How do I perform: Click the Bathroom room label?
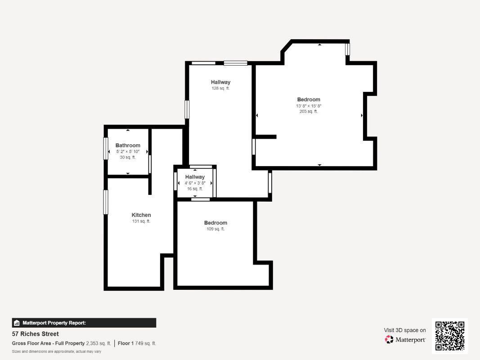(128, 145)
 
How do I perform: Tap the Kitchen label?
(141, 215)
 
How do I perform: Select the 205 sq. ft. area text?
(309, 112)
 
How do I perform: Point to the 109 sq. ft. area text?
(215, 229)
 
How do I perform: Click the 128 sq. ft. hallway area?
(220, 88)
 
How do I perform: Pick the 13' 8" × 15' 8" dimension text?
(309, 106)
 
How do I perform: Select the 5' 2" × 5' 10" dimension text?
(128, 152)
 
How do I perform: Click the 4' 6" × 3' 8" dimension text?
(195, 183)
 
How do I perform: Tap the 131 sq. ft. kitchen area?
(141, 221)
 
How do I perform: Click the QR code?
(450, 336)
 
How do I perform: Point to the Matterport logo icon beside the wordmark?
(389, 339)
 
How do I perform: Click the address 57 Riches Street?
(35, 334)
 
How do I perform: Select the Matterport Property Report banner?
(84, 323)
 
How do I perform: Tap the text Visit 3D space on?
(405, 330)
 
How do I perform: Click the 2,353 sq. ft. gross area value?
(99, 343)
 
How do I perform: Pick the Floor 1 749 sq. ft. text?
(137, 343)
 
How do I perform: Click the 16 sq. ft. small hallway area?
(195, 189)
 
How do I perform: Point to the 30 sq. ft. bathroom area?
(128, 157)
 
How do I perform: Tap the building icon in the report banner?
(17, 323)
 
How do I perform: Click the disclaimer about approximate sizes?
(56, 351)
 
